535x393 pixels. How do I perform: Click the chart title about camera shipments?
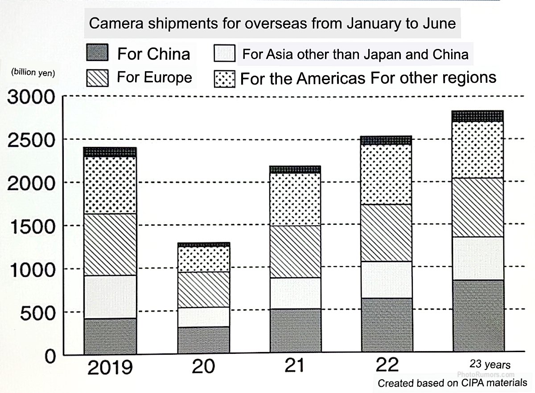[272, 24]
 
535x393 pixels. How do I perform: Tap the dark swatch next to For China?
[97, 53]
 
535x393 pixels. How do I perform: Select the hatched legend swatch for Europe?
[97, 78]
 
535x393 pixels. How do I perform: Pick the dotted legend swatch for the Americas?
[225, 79]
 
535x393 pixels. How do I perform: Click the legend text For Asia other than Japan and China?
[355, 55]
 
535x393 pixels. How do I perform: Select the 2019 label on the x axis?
[110, 368]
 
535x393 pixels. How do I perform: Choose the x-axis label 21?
[294, 366]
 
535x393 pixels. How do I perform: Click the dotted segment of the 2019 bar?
[110, 185]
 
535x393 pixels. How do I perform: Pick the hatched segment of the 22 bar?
[387, 232]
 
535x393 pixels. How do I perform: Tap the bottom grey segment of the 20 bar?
[204, 340]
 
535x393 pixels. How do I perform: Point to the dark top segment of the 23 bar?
[477, 116]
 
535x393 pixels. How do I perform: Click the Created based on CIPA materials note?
[452, 383]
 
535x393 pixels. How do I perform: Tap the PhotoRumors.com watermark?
[486, 375]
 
